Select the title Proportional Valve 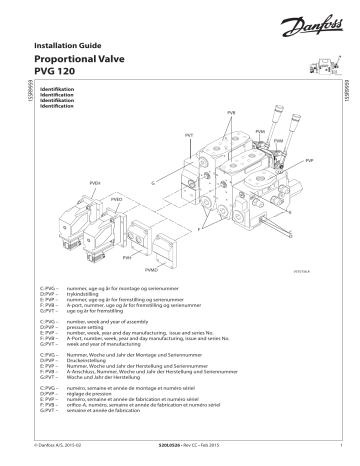(x=85, y=61)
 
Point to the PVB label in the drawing (x=232, y=116)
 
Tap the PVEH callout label (x=95, y=184)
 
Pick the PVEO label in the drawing (x=116, y=201)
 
